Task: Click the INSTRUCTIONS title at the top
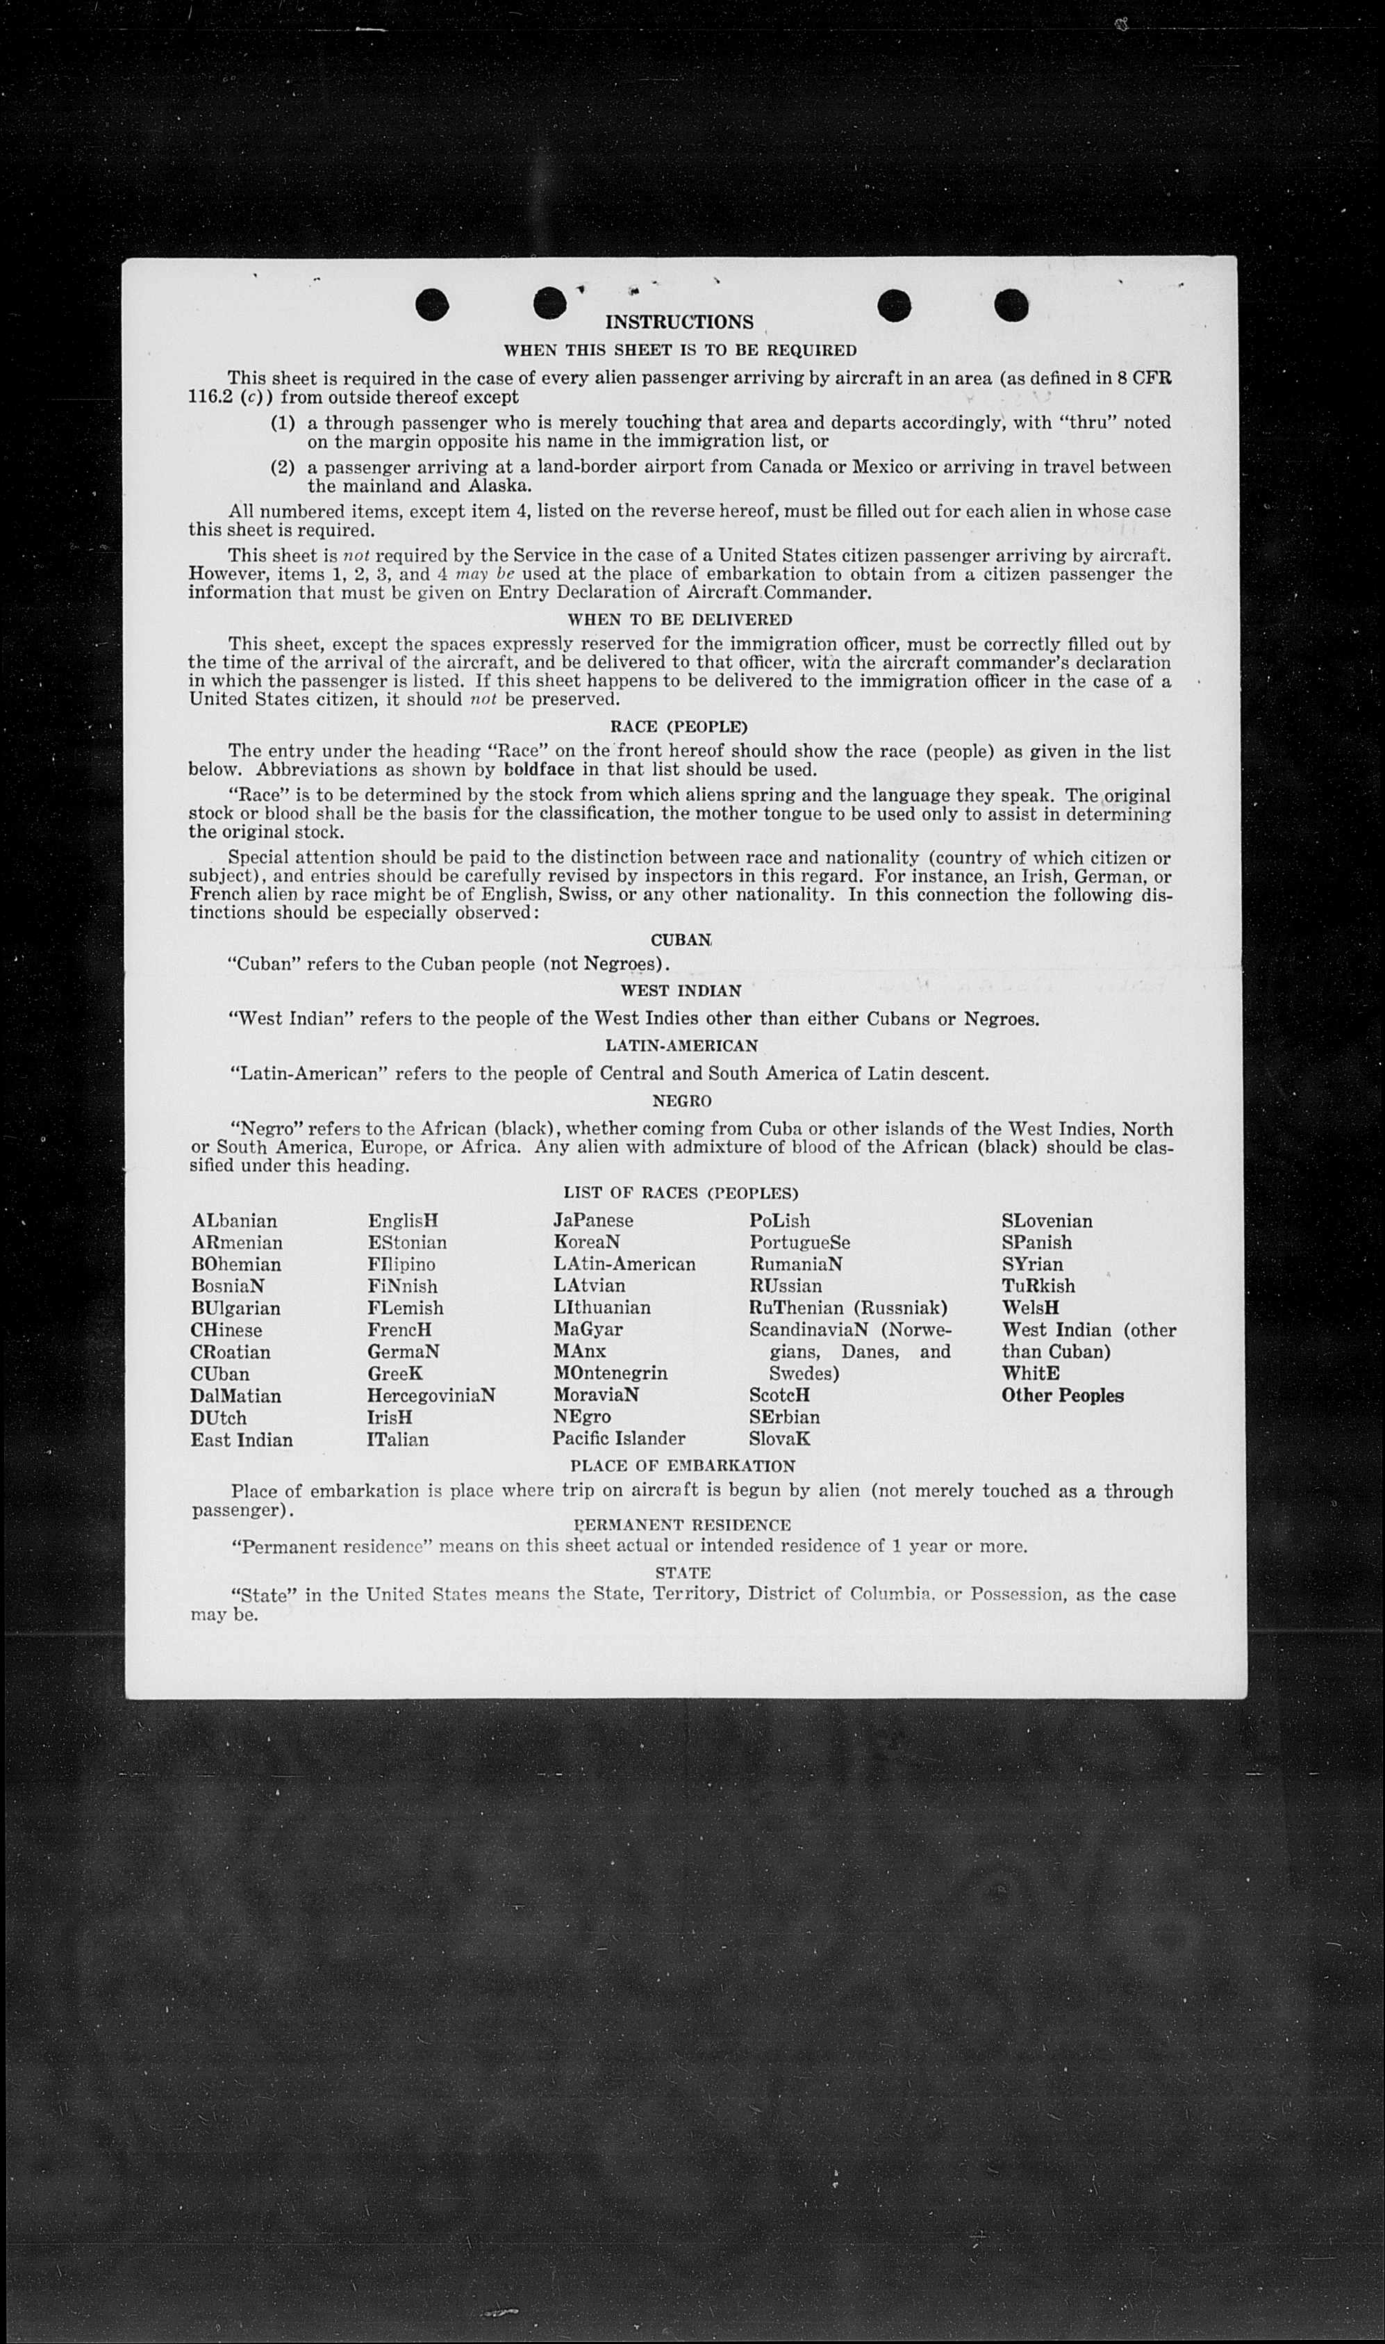pyautogui.click(x=679, y=322)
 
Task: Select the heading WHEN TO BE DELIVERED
pyautogui.click(x=679, y=620)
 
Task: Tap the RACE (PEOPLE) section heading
pyautogui.click(x=679, y=726)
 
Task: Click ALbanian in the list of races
pyautogui.click(x=234, y=1221)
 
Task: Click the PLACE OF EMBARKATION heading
pyautogui.click(x=682, y=1466)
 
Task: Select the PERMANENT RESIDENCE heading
pyautogui.click(x=682, y=1525)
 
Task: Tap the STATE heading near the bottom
pyautogui.click(x=682, y=1573)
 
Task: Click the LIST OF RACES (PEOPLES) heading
pyautogui.click(x=681, y=1193)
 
